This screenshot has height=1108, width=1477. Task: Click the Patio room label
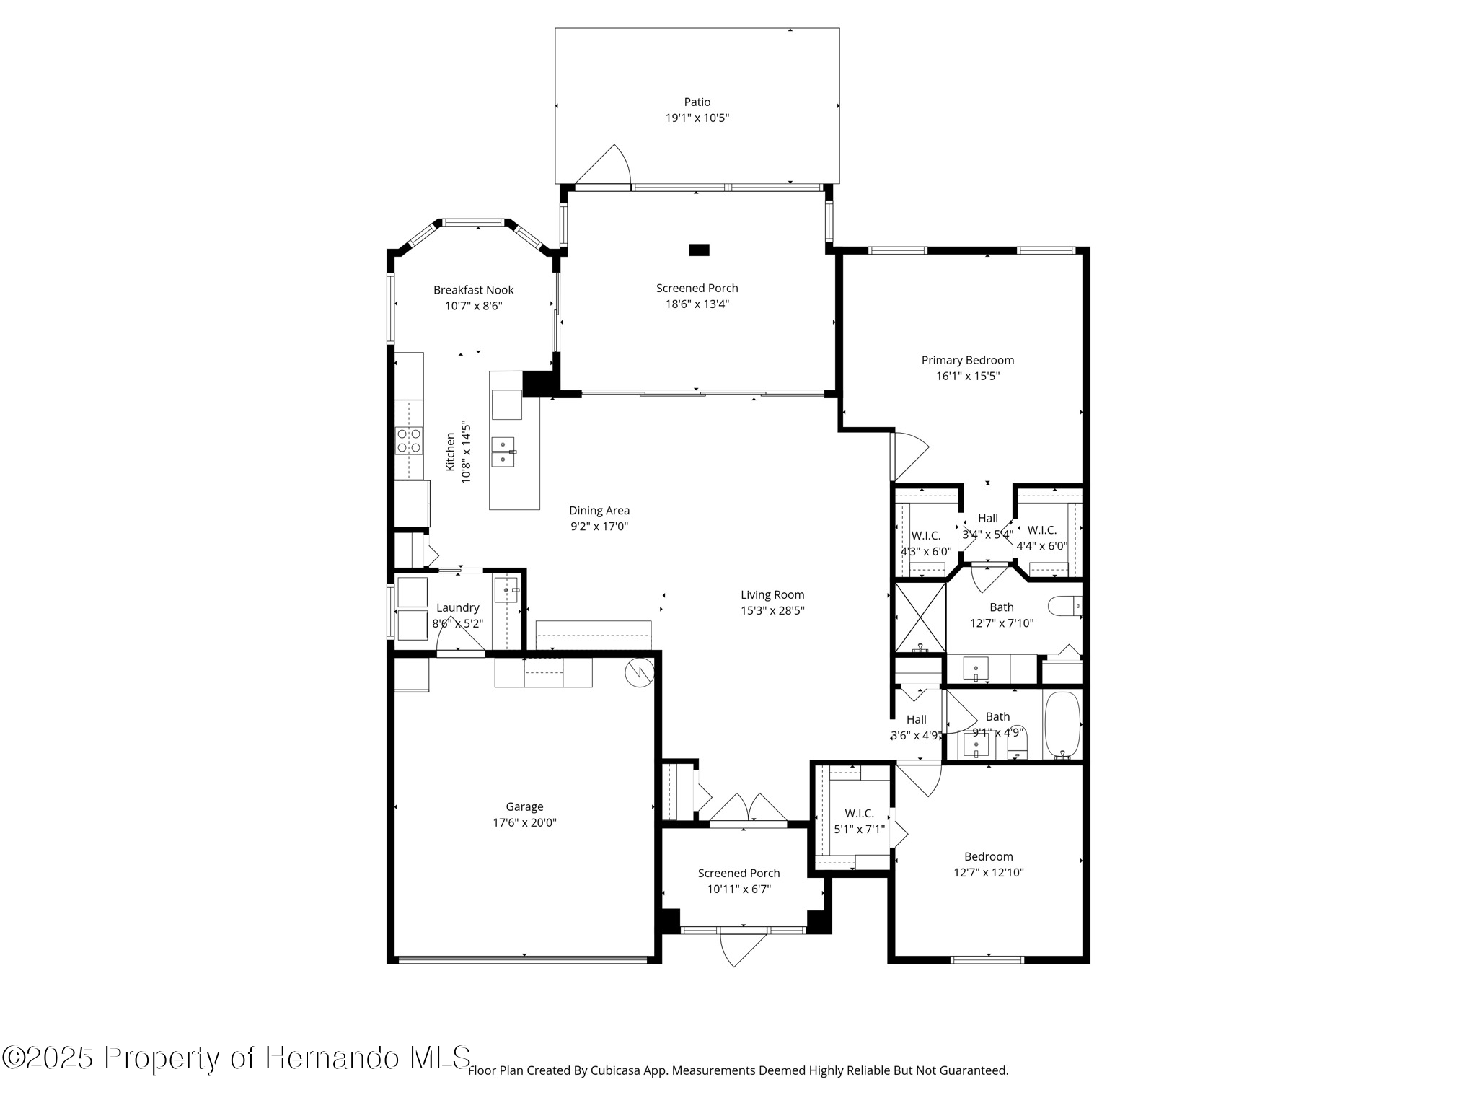click(697, 102)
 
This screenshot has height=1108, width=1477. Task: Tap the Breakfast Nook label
click(473, 290)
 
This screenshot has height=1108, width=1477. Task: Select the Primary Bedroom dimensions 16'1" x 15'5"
click(968, 376)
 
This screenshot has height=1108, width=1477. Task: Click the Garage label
click(524, 806)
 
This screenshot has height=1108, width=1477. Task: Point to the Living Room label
click(772, 595)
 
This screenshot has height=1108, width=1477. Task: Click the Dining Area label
click(599, 511)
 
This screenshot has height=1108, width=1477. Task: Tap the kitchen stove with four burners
click(409, 441)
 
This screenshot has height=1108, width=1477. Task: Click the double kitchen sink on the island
click(503, 452)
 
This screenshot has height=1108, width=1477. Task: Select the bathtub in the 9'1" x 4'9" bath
click(1062, 725)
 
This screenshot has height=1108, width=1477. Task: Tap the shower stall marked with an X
click(920, 617)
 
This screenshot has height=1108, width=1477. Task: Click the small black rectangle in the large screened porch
click(699, 250)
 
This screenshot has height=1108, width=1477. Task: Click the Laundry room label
click(457, 607)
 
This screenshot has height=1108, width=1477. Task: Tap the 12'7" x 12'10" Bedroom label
click(989, 856)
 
